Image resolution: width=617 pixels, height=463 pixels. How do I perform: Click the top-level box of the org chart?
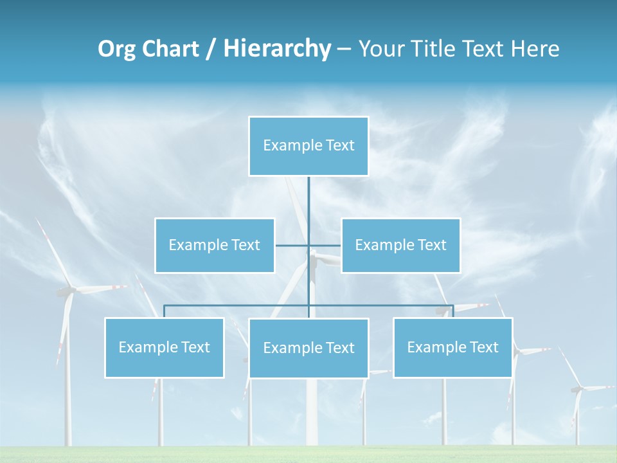pos(308,146)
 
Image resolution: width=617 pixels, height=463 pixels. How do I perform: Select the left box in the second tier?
pos(215,245)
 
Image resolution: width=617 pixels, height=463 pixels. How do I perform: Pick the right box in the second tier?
pos(400,245)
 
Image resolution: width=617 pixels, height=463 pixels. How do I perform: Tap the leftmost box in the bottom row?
pos(165,347)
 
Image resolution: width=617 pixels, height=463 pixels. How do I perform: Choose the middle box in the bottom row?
pos(308,348)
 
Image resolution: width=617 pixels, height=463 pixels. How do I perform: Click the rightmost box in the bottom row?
pos(452,347)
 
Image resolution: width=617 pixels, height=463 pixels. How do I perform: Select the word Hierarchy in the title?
pos(277,49)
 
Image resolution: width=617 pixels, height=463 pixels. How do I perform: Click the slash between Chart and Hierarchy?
pos(211,49)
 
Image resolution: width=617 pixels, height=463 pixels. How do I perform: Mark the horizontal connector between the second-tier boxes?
pos(293,245)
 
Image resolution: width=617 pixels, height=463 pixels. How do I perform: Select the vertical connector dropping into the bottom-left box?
pos(165,311)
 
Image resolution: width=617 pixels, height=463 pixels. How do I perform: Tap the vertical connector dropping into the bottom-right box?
pos(452,311)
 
